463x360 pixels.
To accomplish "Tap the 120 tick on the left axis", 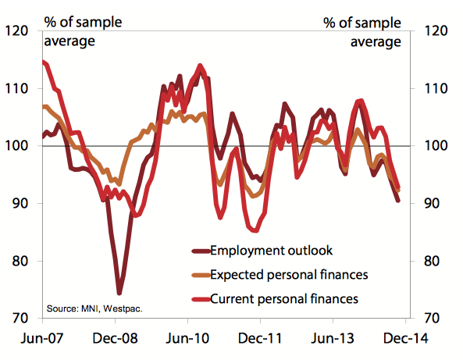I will point(17,31).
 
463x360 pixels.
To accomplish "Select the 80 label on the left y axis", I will point(20,262).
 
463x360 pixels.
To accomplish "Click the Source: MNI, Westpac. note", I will point(95,308).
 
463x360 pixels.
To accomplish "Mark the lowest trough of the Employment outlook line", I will point(119,293).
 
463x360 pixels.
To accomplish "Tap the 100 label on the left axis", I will point(17,146).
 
